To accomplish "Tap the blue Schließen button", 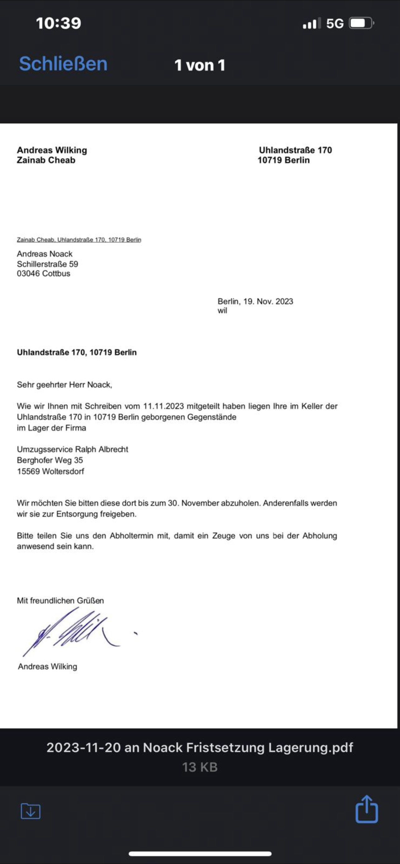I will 63,64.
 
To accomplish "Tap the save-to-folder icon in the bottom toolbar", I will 31,811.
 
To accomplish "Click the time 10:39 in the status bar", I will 59,23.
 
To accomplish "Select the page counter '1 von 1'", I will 200,65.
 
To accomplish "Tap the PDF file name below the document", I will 200,748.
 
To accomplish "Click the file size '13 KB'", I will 200,767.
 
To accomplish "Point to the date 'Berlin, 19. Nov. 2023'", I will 255,301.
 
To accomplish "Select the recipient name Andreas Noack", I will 45,254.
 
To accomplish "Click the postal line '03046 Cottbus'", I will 44,273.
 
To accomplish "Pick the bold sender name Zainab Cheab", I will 46,160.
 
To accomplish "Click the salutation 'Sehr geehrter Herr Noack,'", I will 64,385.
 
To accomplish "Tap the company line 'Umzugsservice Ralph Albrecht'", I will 73,449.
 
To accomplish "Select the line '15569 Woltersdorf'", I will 50,471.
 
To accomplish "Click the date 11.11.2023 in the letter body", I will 164,406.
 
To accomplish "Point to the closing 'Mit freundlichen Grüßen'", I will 60,601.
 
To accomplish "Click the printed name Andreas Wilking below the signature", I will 47,667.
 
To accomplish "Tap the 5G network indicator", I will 335,23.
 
